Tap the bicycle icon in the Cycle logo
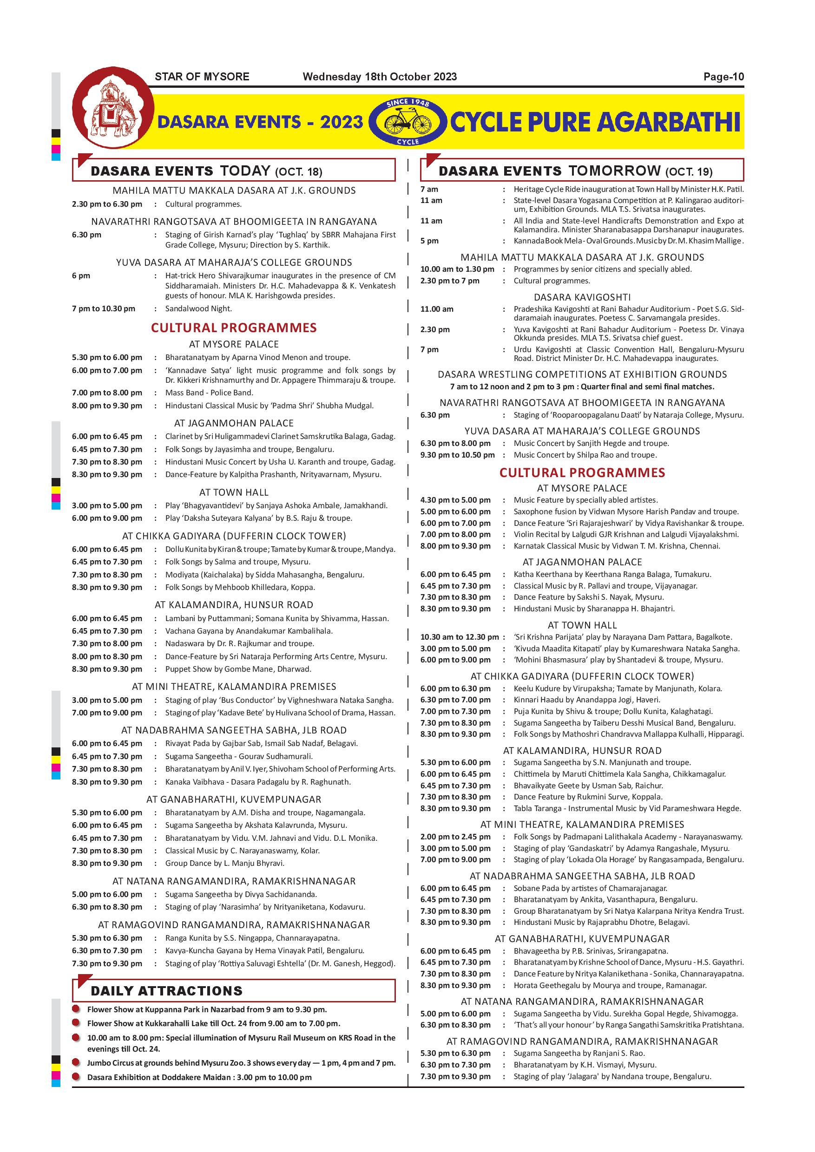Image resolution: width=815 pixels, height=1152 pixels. (407, 121)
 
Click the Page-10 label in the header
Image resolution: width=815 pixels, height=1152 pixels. (723, 77)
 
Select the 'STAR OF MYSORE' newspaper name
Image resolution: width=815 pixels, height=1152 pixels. (202, 77)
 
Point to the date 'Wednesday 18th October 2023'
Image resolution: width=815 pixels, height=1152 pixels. (380, 77)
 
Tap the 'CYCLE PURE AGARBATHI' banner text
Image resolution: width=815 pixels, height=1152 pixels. (595, 122)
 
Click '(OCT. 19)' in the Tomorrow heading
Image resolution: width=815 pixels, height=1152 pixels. (689, 171)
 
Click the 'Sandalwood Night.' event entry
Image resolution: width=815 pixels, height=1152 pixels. (199, 308)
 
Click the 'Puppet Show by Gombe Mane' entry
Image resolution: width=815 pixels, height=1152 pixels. (238, 669)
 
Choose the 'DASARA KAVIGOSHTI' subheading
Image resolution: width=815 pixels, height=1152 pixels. (582, 297)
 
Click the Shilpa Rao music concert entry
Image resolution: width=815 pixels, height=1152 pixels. (585, 455)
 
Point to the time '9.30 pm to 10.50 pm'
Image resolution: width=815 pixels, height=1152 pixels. (457, 455)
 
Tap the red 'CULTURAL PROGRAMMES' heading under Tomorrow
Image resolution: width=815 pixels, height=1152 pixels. (582, 472)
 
